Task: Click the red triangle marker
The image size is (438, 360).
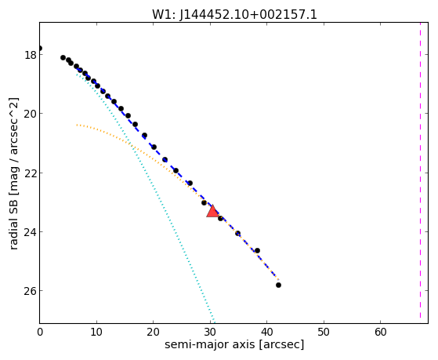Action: [x=212, y=212]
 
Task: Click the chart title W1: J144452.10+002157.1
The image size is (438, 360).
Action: [x=234, y=14]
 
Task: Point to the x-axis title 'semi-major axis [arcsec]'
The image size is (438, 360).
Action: [x=234, y=344]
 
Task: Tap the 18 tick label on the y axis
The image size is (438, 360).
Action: [x=31, y=55]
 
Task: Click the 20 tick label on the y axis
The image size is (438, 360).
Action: [x=31, y=114]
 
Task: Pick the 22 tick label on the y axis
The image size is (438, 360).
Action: [x=31, y=173]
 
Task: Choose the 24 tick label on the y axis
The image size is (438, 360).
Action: [x=31, y=232]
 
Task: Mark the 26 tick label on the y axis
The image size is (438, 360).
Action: [x=31, y=291]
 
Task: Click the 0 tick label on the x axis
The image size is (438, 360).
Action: [x=40, y=332]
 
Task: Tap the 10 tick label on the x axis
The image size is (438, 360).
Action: [x=96, y=332]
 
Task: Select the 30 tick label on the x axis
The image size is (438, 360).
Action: [x=210, y=332]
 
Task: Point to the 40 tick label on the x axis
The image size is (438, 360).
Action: [x=266, y=332]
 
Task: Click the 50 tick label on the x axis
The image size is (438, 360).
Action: [x=324, y=332]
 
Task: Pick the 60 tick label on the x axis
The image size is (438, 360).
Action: [x=381, y=332]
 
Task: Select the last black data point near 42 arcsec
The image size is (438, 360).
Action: [x=278, y=285]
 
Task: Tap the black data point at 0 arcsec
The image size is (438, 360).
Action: [x=40, y=48]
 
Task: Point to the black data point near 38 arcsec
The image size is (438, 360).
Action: [x=257, y=250]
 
